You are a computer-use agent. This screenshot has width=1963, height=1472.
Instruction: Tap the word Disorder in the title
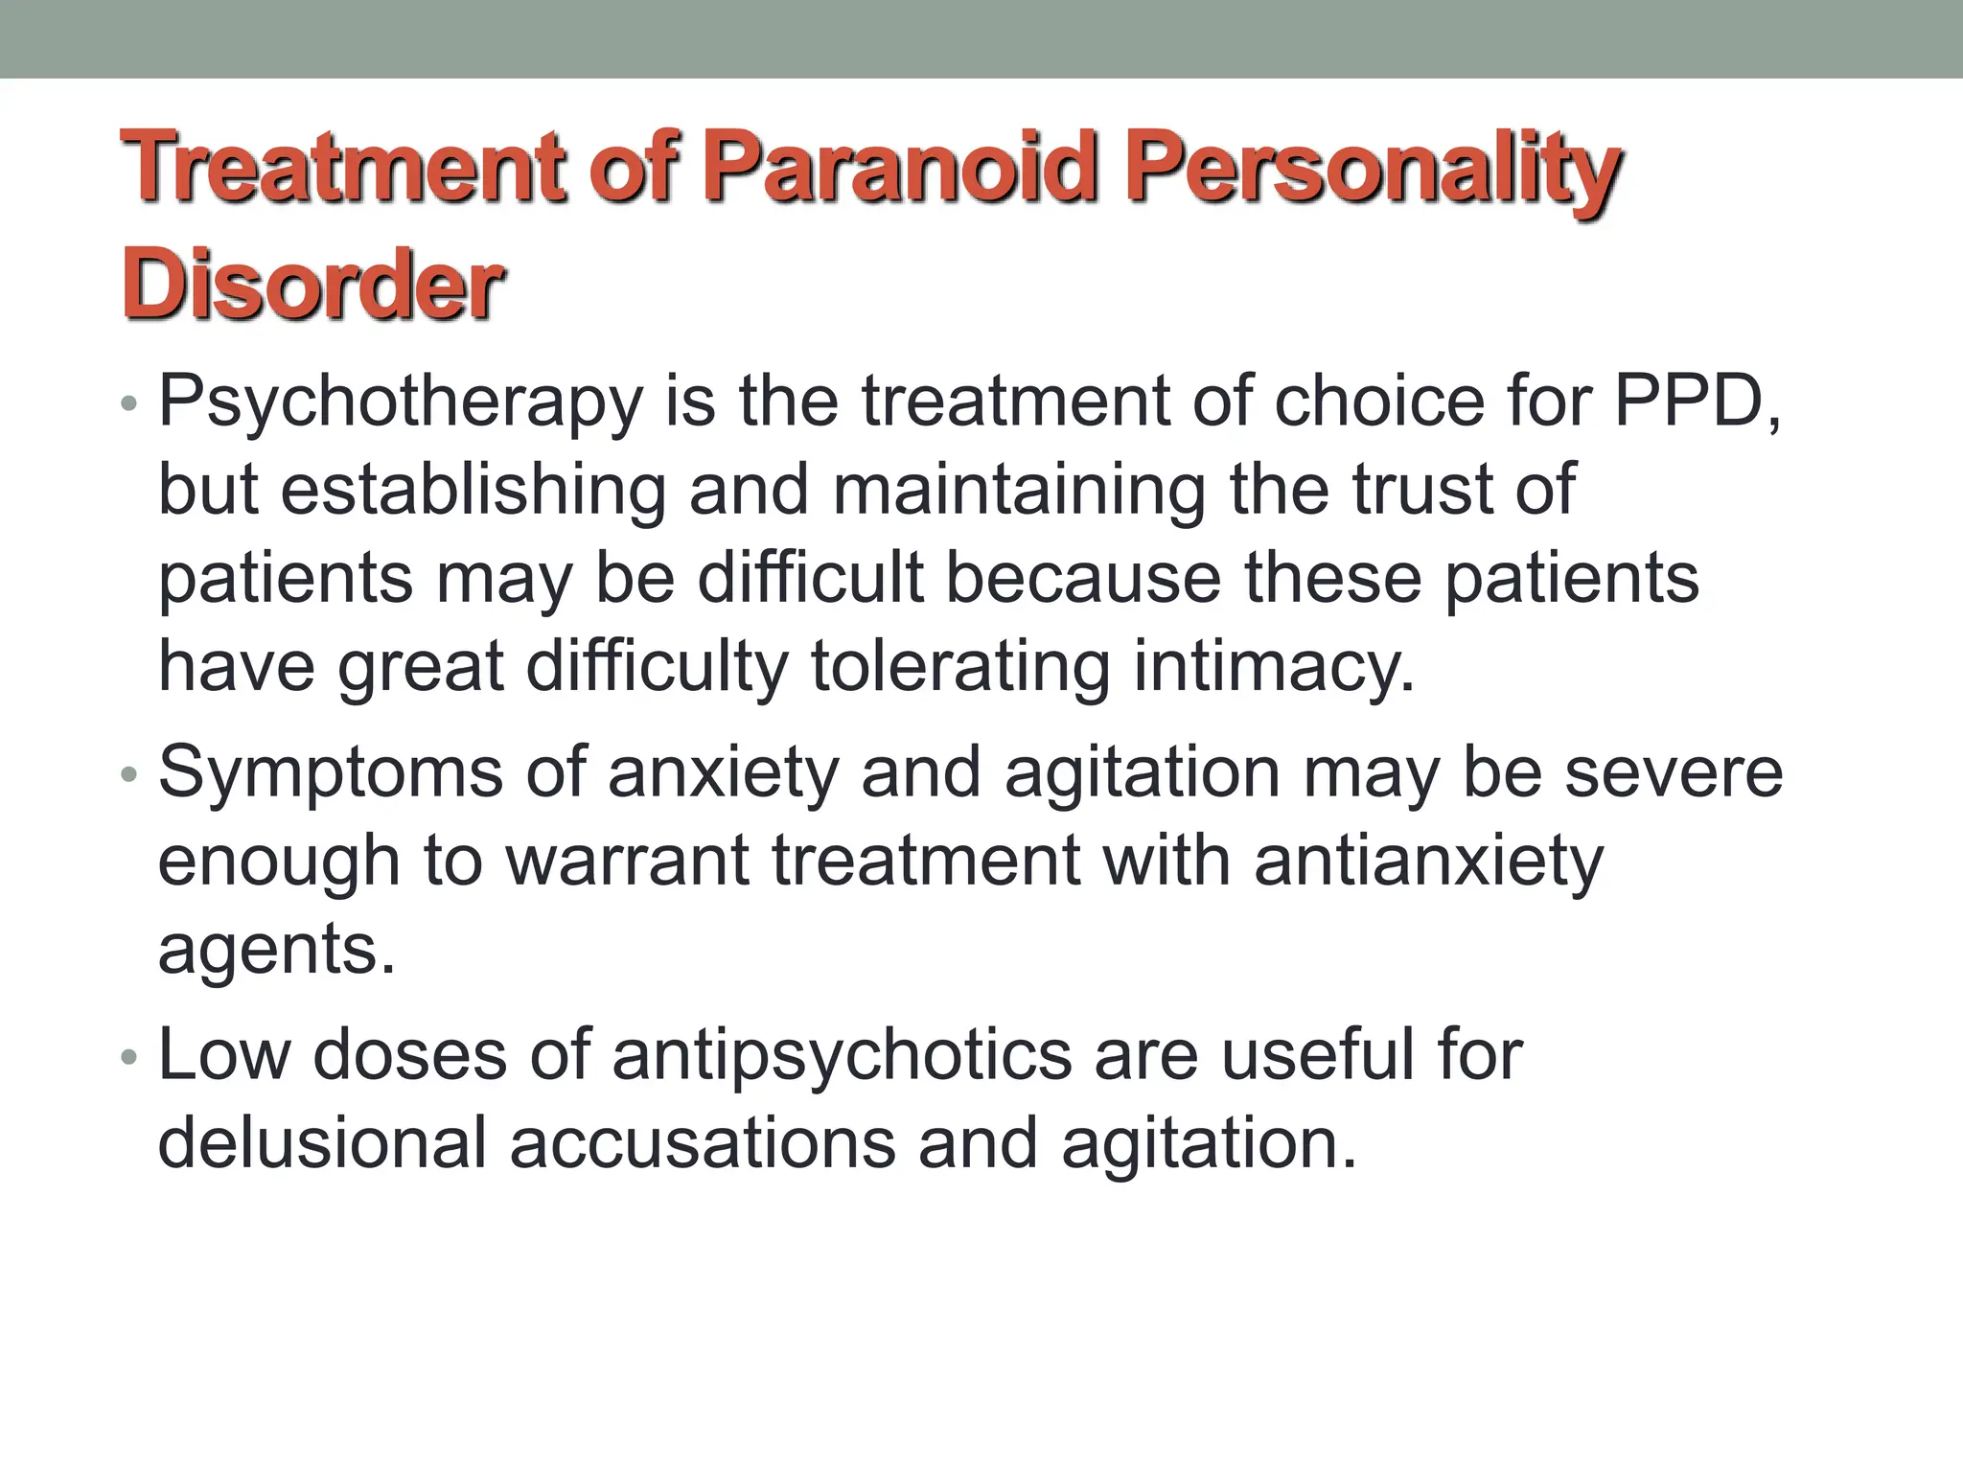(312, 284)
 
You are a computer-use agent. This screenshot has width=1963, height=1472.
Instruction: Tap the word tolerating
(960, 667)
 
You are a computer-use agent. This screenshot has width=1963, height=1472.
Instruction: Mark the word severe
(1674, 772)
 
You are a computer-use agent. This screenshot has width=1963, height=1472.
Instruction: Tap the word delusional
(322, 1142)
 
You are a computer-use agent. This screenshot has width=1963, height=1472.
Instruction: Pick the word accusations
(702, 1142)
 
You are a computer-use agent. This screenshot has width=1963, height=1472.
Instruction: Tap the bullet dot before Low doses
(129, 1058)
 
